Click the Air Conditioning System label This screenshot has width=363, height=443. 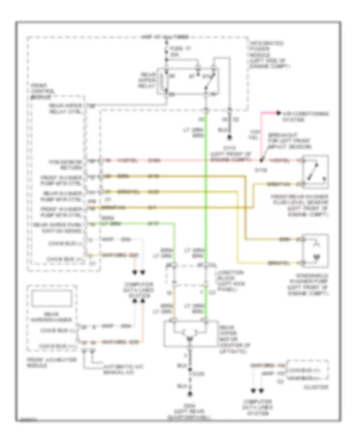[305, 116]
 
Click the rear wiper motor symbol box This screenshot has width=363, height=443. [189, 333]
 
